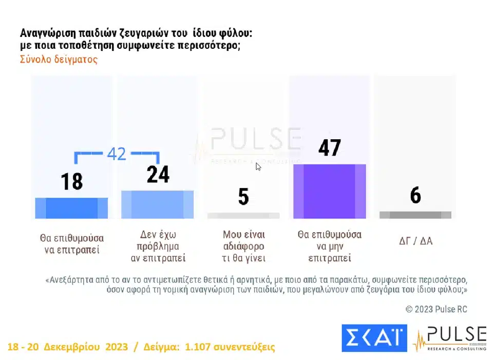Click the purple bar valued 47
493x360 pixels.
click(x=329, y=192)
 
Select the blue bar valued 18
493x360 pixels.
click(x=71, y=208)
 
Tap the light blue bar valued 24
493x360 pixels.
click(x=157, y=204)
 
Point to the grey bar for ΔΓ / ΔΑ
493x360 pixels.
click(x=415, y=215)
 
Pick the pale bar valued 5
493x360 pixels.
click(x=243, y=216)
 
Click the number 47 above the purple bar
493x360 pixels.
click(x=329, y=148)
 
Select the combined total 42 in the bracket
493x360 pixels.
click(x=117, y=154)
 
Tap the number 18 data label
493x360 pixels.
click(x=71, y=182)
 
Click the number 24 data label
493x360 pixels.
click(x=158, y=175)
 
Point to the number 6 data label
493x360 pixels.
click(x=415, y=196)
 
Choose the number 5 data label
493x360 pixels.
click(x=243, y=197)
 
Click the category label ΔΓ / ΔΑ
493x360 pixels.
click(x=415, y=240)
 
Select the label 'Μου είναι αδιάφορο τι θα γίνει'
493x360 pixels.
click(x=243, y=246)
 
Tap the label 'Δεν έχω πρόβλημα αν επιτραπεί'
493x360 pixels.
click(x=158, y=246)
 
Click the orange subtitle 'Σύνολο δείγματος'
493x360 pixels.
click(x=59, y=59)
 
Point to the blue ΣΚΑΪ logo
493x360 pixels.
click(x=374, y=338)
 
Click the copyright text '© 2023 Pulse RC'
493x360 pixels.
click(x=436, y=309)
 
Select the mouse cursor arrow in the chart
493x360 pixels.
click(x=258, y=166)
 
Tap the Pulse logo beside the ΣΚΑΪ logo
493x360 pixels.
click(x=449, y=338)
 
